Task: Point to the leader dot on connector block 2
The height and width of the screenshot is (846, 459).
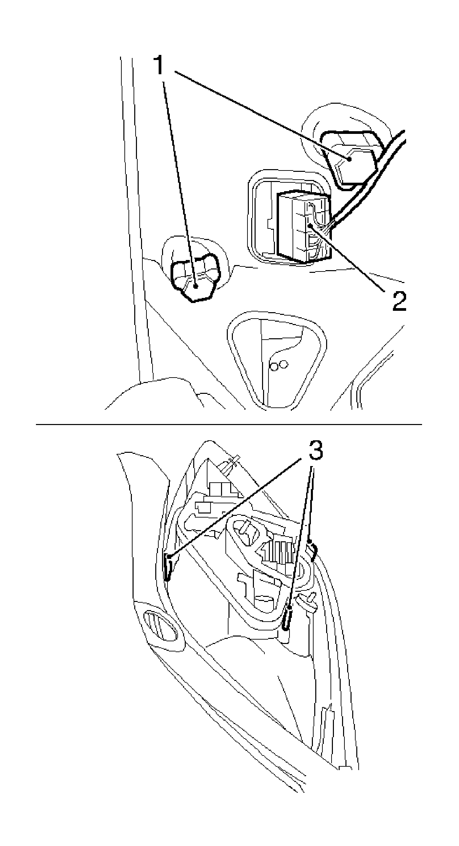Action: (x=309, y=225)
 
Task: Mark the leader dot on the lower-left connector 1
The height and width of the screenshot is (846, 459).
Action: (x=196, y=287)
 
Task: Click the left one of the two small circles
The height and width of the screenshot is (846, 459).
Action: (x=273, y=366)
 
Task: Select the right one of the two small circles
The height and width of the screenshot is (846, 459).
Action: (x=284, y=364)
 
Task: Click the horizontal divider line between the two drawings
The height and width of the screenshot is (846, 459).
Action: (x=229, y=424)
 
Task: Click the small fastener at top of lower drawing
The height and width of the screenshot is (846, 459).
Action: (x=231, y=464)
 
